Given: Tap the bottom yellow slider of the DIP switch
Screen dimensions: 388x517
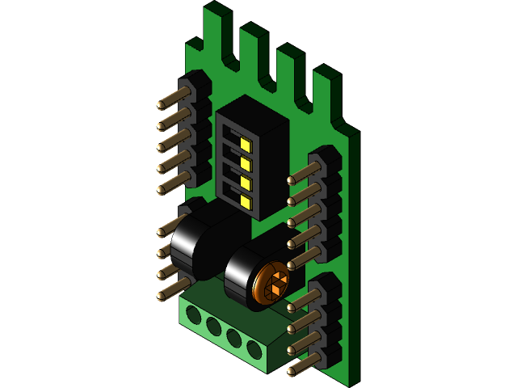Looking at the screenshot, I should pos(245,199).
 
